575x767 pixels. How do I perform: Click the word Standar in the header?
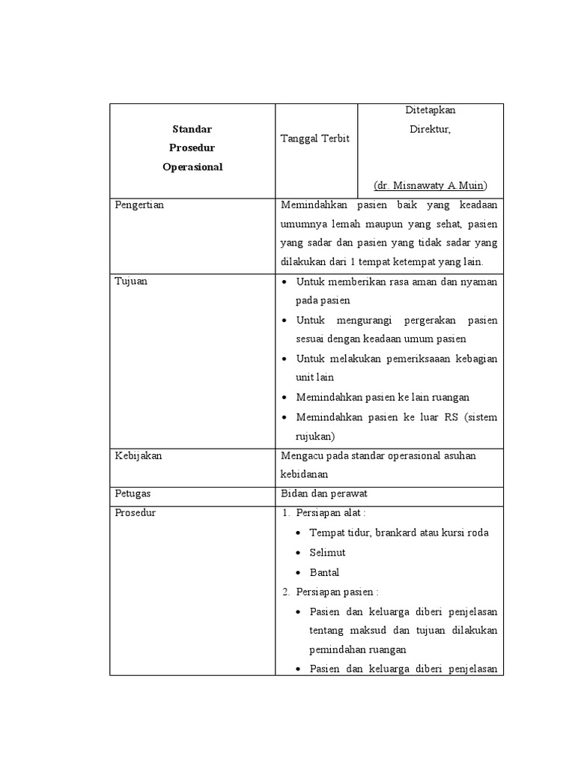click(192, 129)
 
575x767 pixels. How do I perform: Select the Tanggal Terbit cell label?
click(314, 139)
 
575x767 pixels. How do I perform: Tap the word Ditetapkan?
click(431, 110)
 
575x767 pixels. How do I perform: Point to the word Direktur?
click(431, 129)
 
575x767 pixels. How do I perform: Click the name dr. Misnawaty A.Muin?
click(431, 185)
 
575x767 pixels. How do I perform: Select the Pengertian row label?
click(139, 204)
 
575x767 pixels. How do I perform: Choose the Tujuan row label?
click(131, 282)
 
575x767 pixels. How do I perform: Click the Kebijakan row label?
click(138, 455)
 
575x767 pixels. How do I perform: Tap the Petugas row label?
click(133, 494)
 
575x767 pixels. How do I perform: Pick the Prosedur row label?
click(136, 513)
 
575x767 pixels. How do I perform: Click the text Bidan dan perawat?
click(324, 494)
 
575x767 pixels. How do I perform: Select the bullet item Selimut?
click(327, 552)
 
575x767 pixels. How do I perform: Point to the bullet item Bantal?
click(324, 572)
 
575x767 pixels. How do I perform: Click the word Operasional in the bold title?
click(192, 167)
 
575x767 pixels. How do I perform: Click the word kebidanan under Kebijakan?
click(304, 475)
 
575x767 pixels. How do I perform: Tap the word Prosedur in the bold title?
click(192, 148)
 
